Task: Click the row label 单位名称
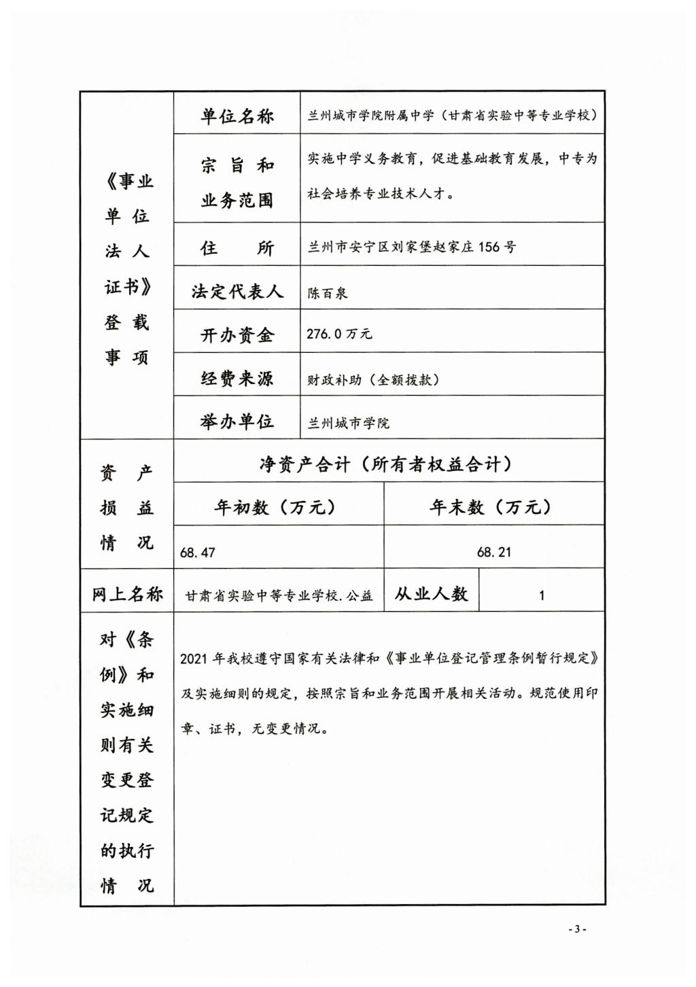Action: tap(237, 116)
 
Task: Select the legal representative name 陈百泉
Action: tap(327, 293)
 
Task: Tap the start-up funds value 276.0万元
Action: tap(339, 334)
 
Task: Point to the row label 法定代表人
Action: tap(237, 292)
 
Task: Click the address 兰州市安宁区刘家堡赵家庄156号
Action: tap(412, 247)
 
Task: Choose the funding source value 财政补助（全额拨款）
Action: tap(373, 379)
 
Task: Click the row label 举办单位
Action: tap(237, 421)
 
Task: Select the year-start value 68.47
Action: tap(197, 553)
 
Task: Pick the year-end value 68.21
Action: tap(494, 552)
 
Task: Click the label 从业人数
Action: tap(431, 594)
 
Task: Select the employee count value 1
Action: tap(542, 595)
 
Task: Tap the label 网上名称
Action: tap(127, 594)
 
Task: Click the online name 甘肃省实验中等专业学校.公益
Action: tap(279, 596)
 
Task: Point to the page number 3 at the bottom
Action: tap(576, 929)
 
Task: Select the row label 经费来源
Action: tap(237, 379)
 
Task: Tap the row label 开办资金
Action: tap(237, 335)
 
